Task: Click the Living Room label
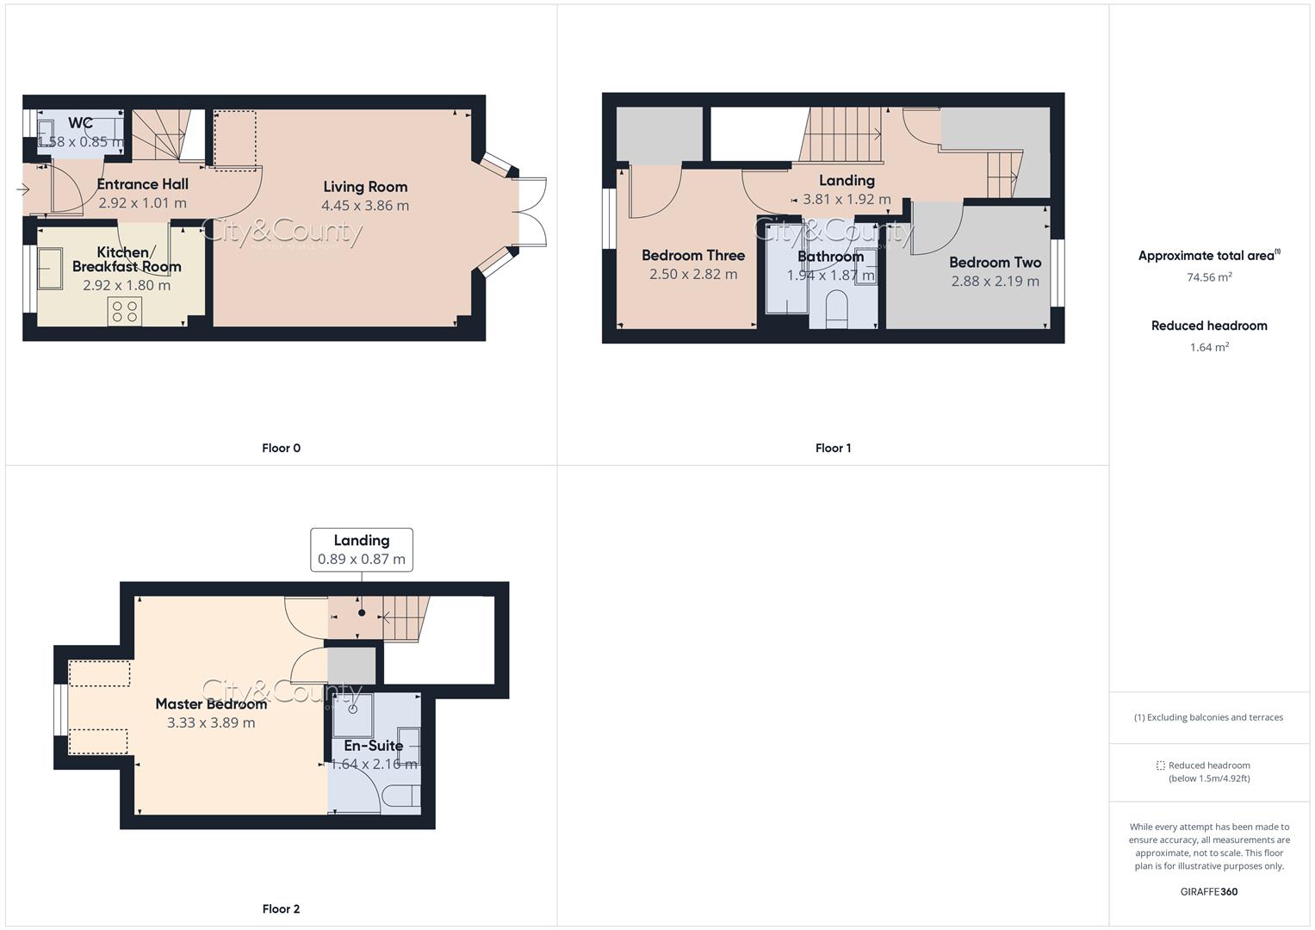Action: (365, 187)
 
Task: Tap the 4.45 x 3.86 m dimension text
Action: (365, 206)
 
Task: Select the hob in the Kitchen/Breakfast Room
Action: (125, 311)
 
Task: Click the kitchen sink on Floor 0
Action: (50, 269)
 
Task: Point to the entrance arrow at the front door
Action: (22, 189)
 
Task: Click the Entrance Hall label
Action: (142, 184)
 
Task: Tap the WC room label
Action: (80, 123)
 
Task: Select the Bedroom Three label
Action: (693, 256)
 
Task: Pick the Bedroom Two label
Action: (995, 263)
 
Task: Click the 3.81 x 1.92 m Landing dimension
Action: (847, 199)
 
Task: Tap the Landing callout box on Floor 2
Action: (362, 549)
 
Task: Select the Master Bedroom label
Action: (211, 704)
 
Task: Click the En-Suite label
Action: (374, 746)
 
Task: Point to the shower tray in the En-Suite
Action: (353, 714)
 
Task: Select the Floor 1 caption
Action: (833, 448)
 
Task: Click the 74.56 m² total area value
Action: (1209, 277)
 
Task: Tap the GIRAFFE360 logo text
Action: (1208, 891)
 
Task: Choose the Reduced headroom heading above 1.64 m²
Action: (1209, 325)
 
